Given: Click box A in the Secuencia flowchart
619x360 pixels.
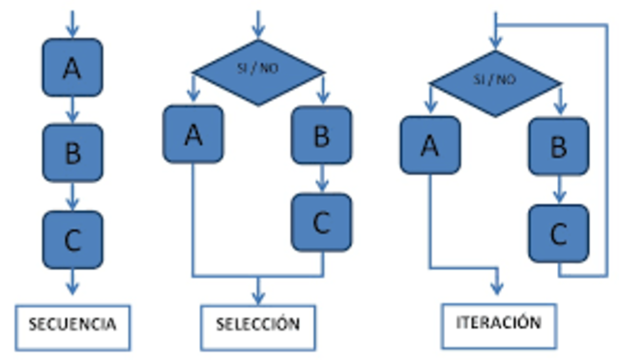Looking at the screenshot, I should tap(72, 67).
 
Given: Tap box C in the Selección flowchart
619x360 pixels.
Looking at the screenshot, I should tap(321, 222).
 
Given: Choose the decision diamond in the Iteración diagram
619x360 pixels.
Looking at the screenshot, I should tap(494, 79).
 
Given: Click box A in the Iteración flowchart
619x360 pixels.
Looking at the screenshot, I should tap(430, 145).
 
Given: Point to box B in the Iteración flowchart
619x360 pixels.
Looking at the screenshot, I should tap(558, 147).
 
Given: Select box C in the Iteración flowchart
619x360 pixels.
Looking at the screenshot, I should tap(558, 233).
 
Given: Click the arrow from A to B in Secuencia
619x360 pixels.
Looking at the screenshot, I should tap(72, 108).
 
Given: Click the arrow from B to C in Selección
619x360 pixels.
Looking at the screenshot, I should tap(321, 178).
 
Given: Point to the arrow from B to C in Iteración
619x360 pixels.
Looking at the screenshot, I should tap(558, 190).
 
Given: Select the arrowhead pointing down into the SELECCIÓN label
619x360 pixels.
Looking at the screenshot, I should tap(257, 296).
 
